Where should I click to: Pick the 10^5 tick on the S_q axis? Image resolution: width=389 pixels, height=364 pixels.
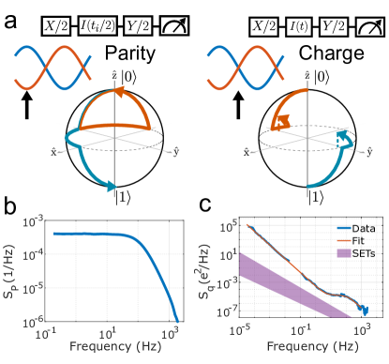tap(228, 226)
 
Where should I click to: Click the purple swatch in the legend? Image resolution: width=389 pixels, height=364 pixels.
tap(344, 253)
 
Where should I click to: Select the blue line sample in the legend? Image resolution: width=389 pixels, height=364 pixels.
tap(344, 228)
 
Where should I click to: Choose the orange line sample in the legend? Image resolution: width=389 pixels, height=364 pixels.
tap(344, 240)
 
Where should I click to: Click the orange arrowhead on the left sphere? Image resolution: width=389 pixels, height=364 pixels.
tap(119, 92)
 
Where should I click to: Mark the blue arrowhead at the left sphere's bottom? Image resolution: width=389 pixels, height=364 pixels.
tap(112, 189)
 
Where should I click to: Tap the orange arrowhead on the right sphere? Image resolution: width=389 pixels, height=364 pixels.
tap(278, 122)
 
